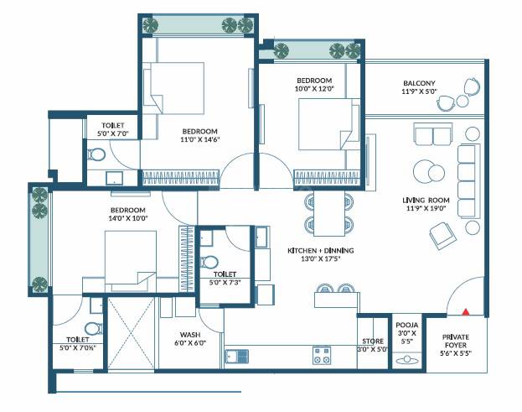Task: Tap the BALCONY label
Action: click(419, 83)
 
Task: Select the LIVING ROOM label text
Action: click(426, 201)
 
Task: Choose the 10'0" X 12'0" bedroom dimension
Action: click(314, 87)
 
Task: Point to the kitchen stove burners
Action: click(321, 354)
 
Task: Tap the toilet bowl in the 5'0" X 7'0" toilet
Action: click(97, 154)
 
